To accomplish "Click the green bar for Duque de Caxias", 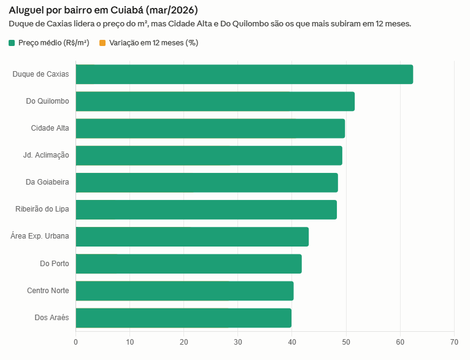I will pos(244,74).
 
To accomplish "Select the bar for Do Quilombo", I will pos(215,101).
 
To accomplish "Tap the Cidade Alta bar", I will pos(210,128).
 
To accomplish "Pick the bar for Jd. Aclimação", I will pos(209,155).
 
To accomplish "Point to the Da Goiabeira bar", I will pos(207,182).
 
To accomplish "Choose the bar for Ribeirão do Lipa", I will pos(206,209).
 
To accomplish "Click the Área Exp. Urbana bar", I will pos(192,236).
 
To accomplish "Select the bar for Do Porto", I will pos(188,264).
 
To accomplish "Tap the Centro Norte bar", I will pos(185,291).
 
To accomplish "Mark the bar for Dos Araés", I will pos(183,318).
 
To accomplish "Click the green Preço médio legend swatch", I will pos(12,43).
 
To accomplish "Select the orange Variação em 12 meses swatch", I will pos(102,43).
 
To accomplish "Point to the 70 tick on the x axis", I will pos(454,342).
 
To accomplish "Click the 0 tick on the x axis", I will pos(75,342).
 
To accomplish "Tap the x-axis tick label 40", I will pos(292,342).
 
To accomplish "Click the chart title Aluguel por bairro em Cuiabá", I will pos(103,10).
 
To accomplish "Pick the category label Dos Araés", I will pos(52,318).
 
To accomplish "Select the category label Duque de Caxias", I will pos(40,74).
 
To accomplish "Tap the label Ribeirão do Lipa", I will pos(42,209).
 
